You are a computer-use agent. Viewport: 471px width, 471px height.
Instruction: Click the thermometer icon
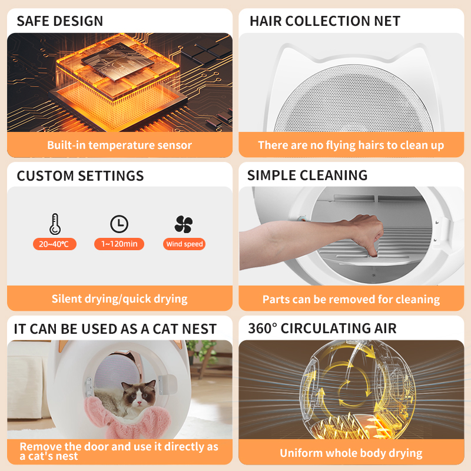(x=54, y=224)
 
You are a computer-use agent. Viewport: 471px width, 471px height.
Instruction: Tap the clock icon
(x=119, y=224)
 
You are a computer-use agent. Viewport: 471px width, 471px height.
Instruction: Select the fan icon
(x=184, y=224)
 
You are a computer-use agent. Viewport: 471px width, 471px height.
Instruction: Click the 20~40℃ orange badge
(x=54, y=244)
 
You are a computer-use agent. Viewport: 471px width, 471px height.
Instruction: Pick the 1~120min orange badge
(x=119, y=244)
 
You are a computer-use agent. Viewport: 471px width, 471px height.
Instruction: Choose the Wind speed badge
(x=184, y=244)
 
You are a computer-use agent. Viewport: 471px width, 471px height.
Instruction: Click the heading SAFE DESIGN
(x=59, y=21)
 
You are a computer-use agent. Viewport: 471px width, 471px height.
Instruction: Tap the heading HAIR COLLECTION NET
(x=325, y=21)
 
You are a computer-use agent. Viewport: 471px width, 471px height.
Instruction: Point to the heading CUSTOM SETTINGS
(x=80, y=176)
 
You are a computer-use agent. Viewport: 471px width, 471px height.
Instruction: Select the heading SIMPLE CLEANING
(x=307, y=175)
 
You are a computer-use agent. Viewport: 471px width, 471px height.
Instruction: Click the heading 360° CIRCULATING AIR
(x=322, y=329)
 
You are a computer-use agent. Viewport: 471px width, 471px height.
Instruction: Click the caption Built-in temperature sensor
(x=120, y=145)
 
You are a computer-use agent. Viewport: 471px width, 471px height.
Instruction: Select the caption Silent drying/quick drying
(x=120, y=298)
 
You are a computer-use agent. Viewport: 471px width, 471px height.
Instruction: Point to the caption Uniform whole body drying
(x=351, y=453)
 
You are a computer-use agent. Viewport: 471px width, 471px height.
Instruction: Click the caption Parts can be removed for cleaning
(x=351, y=300)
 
